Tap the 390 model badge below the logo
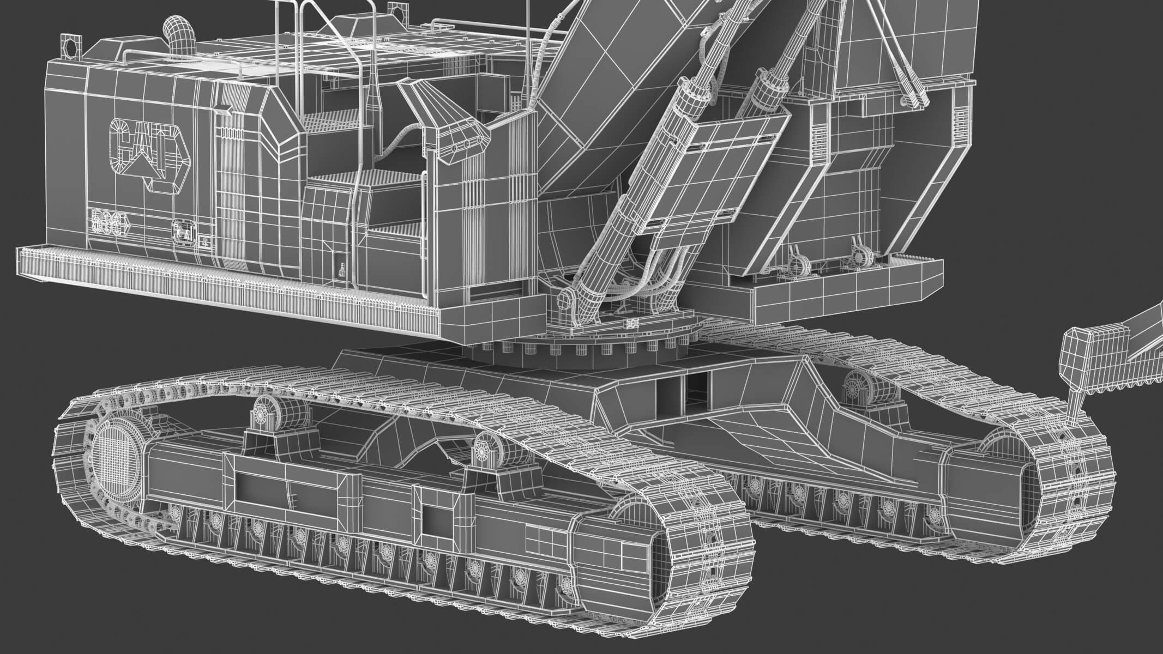[x=113, y=222]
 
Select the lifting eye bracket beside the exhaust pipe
[x=70, y=45]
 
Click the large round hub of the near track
[x=115, y=457]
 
